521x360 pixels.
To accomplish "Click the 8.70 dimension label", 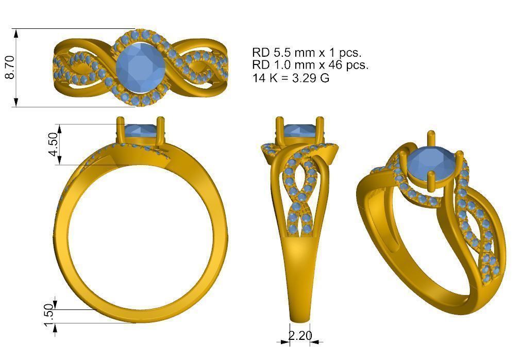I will (x=9, y=68).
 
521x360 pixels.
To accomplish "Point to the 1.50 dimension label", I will (x=48, y=315).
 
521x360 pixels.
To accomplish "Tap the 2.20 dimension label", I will (x=300, y=336).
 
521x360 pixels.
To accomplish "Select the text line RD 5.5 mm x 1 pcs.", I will (x=307, y=53).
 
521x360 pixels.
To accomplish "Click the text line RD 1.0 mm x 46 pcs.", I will (x=310, y=66).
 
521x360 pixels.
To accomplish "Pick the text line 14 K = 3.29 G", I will (x=291, y=78).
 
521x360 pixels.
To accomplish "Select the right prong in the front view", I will (x=162, y=131).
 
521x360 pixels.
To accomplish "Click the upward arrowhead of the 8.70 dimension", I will (x=16, y=32).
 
